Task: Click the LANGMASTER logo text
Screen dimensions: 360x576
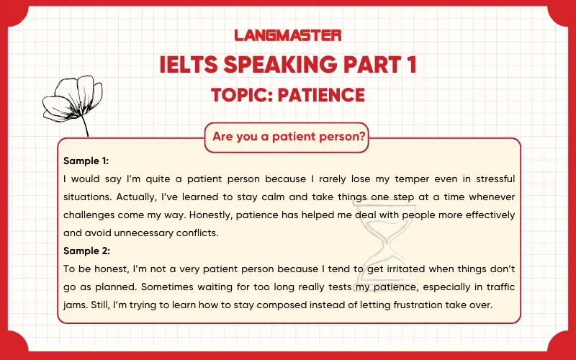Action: (x=287, y=35)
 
